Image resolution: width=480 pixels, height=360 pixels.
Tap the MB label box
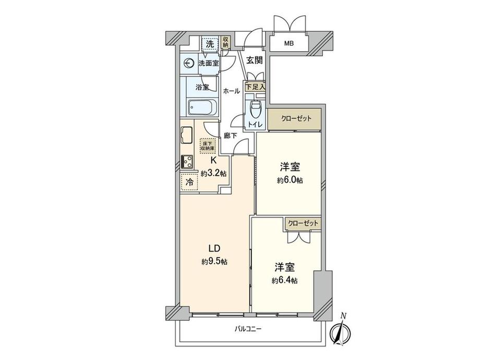(289, 43)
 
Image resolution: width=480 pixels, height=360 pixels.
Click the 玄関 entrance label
(255, 60)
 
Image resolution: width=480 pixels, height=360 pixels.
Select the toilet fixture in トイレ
(255, 110)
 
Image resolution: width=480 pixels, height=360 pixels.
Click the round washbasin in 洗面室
(189, 64)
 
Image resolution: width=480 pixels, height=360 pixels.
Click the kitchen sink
(187, 134)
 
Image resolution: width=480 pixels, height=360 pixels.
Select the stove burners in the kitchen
(186, 162)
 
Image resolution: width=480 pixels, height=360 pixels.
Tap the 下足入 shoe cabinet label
(256, 87)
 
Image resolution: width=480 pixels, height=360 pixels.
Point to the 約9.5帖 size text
(213, 261)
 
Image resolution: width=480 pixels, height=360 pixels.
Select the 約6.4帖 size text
(285, 280)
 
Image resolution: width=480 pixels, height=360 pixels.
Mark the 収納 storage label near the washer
(226, 42)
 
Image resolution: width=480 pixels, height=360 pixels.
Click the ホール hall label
(231, 91)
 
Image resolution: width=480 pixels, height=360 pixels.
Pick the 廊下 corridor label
(231, 135)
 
